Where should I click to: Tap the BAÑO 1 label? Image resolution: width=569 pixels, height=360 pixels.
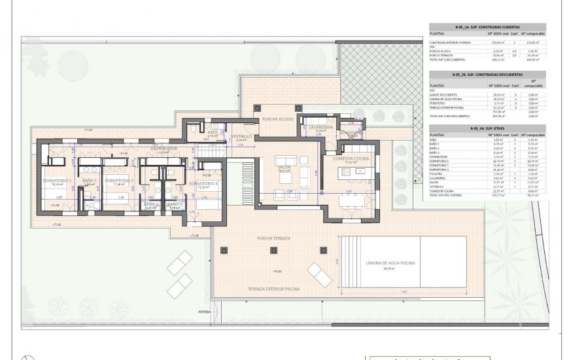click(90, 181)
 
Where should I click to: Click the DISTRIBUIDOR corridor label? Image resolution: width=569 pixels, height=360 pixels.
click(164, 149)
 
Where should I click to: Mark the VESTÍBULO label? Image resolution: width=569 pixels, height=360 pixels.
click(241, 136)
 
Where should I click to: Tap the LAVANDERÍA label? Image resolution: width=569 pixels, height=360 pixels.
click(320, 127)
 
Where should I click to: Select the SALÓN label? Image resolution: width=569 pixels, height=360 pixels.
click(284, 167)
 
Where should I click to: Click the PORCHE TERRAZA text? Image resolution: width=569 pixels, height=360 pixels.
click(273, 238)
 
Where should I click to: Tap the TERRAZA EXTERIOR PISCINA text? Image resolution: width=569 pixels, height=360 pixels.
click(273, 288)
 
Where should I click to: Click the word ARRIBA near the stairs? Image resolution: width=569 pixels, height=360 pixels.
click(204, 312)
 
